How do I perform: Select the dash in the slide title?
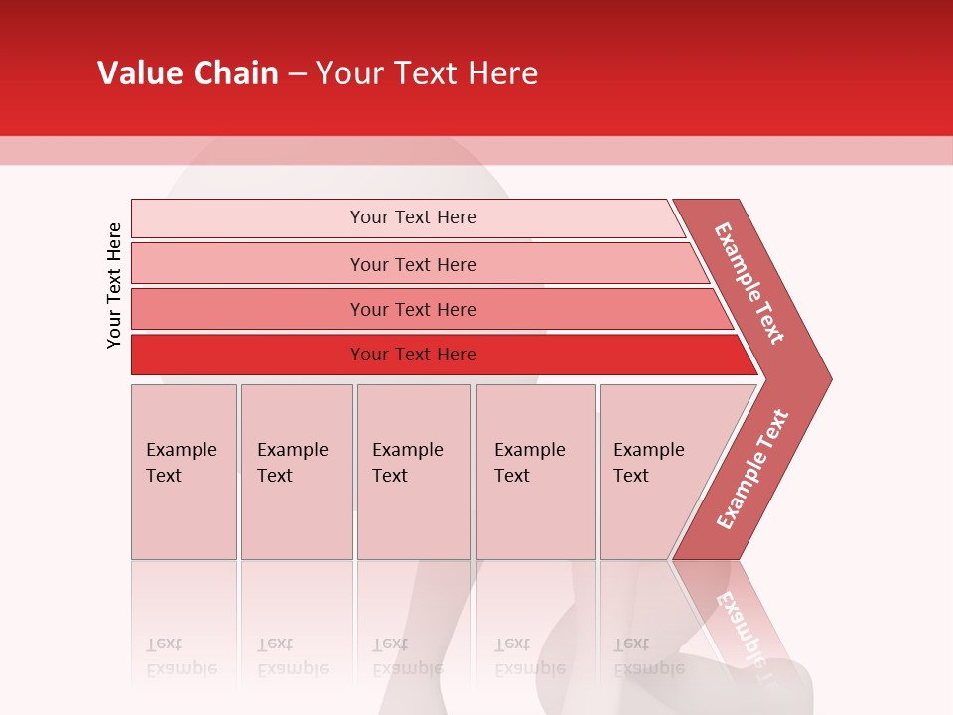[297, 74]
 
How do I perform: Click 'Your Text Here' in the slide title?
[427, 73]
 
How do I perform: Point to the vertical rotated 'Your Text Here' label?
[114, 285]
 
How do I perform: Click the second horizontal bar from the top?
[412, 264]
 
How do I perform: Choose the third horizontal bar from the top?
[412, 309]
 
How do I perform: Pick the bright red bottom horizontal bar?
[412, 355]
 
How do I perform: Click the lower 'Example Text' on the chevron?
[751, 469]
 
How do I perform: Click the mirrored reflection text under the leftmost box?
[181, 656]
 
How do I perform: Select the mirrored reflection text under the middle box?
[407, 656]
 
